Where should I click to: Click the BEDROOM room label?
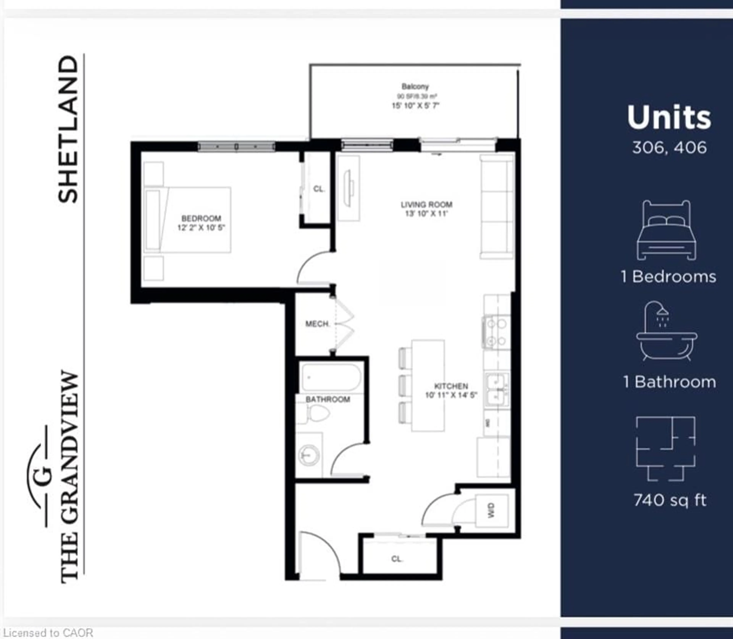(201, 218)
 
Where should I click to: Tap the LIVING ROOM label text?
(426, 205)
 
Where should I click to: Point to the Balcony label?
(415, 86)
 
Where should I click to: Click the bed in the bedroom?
(187, 220)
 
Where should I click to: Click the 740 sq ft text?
(670, 500)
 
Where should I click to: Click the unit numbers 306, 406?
(669, 148)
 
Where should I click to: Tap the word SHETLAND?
(68, 129)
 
